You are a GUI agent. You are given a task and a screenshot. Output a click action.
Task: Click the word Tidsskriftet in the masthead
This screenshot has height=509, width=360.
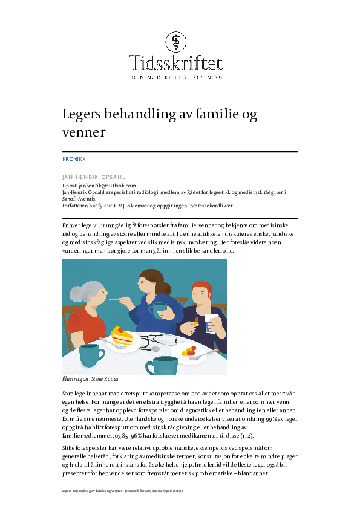pyautogui.click(x=175, y=63)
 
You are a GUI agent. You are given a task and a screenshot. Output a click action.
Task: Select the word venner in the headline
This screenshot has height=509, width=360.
pyautogui.click(x=84, y=132)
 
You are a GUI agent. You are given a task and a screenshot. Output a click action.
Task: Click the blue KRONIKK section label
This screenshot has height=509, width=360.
pyautogui.click(x=74, y=159)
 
